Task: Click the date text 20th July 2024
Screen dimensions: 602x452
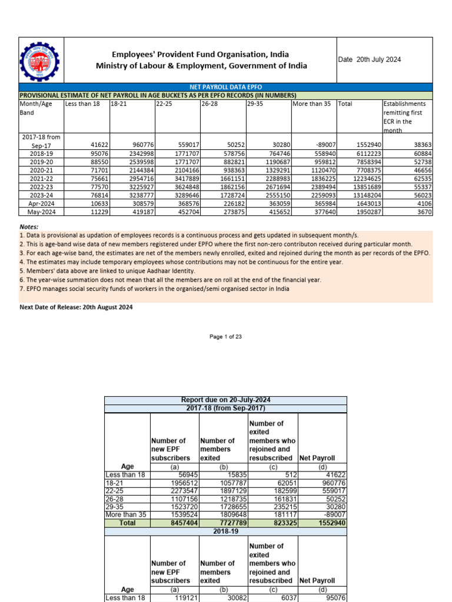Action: click(369, 60)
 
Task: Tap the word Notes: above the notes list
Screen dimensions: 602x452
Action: click(29, 227)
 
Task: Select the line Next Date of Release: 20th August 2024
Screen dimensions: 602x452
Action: click(76, 307)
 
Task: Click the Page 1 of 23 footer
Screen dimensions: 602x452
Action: click(226, 336)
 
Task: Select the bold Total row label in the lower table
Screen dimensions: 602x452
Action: click(127, 523)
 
